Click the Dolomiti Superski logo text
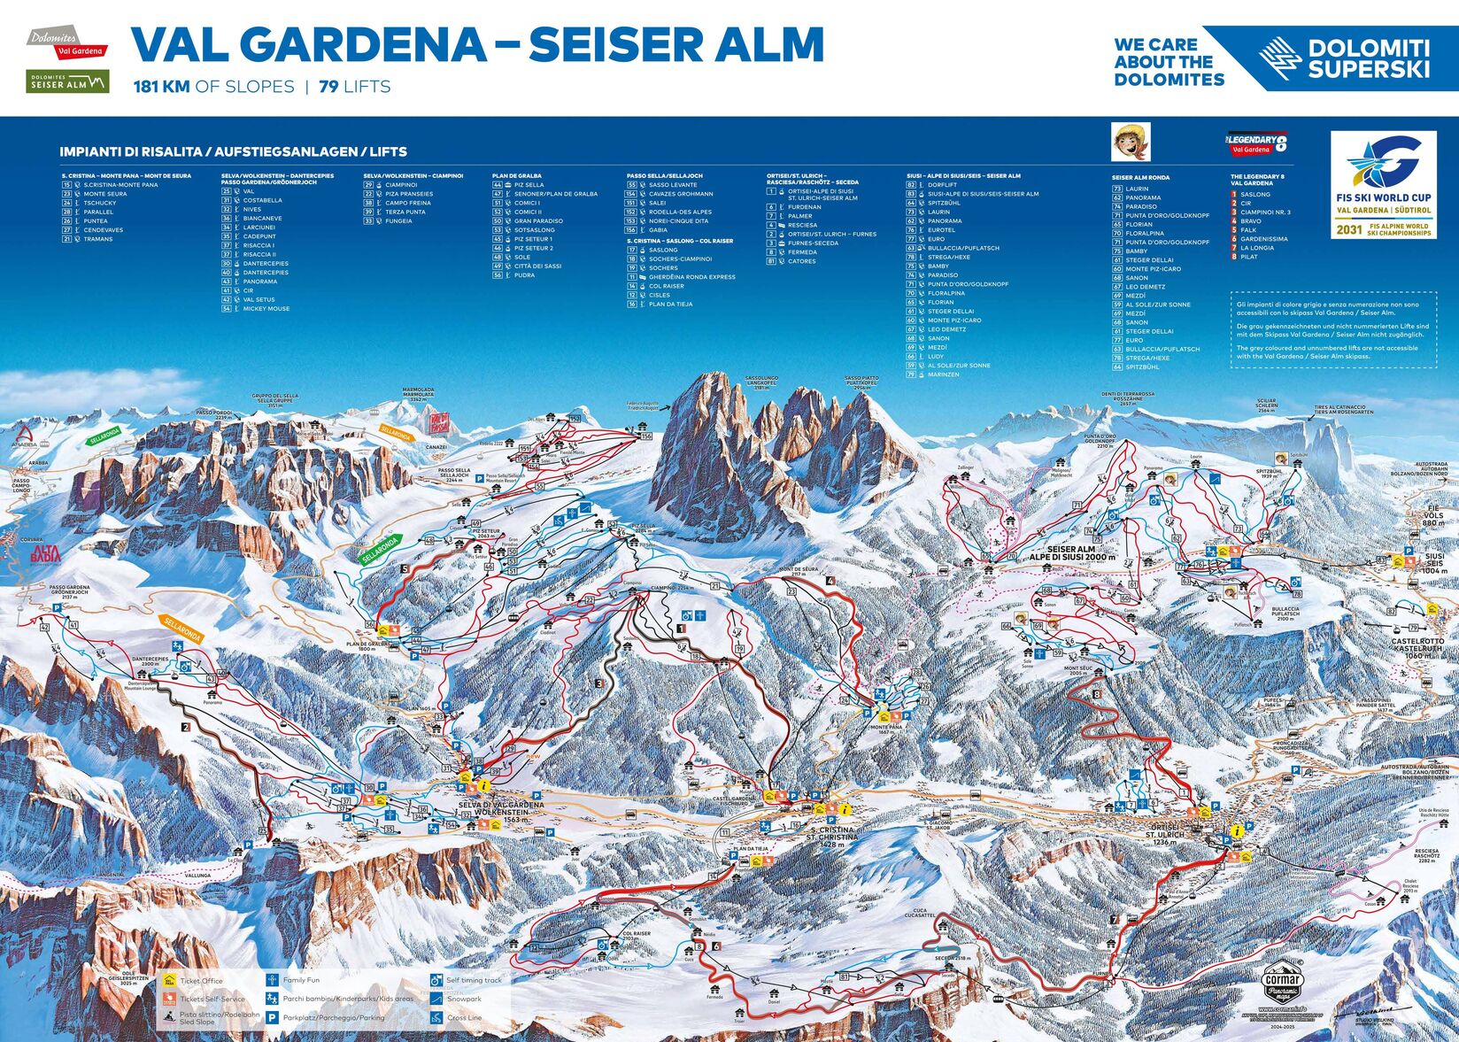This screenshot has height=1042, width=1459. coord(1368,58)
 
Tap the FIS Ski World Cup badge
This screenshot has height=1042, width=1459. coord(1383,186)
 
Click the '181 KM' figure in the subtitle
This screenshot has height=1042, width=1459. coord(162,87)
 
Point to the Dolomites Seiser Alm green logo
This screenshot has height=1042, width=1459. coord(67,81)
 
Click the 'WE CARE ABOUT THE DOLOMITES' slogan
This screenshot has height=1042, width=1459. coord(1169,62)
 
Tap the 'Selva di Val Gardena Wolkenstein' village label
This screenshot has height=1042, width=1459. coord(493,809)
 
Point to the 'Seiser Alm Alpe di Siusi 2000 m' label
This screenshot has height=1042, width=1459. coord(1071,553)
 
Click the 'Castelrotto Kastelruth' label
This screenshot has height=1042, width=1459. coord(1417,645)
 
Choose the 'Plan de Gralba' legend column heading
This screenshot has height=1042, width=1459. coord(517,176)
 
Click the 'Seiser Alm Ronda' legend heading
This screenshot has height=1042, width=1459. coord(1140,178)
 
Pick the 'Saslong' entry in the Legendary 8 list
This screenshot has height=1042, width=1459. coord(1254,195)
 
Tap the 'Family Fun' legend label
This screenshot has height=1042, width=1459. coord(301,980)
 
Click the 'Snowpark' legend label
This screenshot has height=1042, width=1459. coord(464,999)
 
